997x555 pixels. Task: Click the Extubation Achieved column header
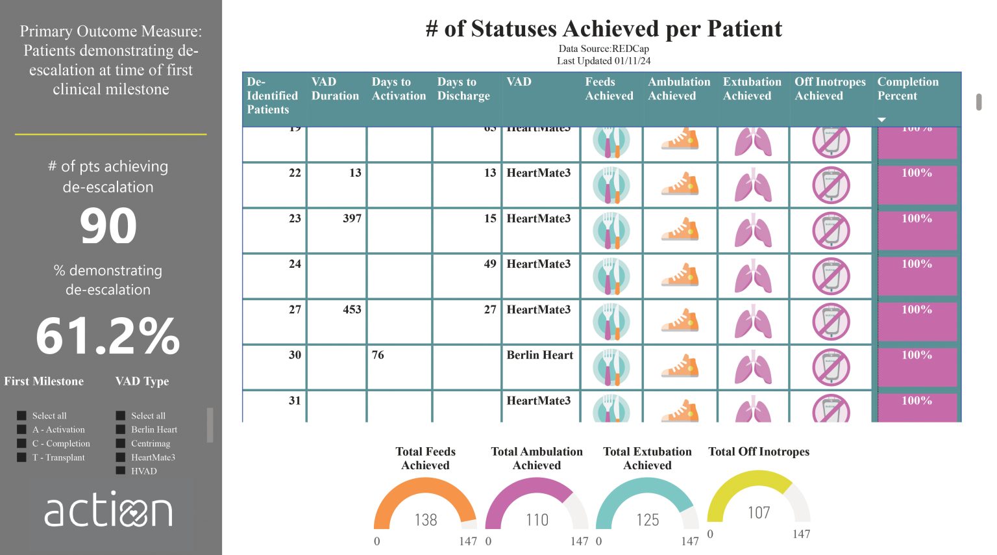[752, 89]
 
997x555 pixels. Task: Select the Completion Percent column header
[907, 89]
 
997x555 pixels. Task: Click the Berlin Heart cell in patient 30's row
[539, 355]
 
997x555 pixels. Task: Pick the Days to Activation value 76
[378, 355]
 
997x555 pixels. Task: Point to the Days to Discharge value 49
[490, 264]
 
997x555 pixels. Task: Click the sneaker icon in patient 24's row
[680, 276]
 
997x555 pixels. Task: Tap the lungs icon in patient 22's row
[753, 185]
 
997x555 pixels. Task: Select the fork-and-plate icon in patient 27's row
[611, 322]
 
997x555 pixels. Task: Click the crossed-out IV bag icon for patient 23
[831, 231]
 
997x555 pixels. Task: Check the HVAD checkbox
[121, 471]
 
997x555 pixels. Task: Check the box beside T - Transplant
[22, 457]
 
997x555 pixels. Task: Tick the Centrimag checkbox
[121, 443]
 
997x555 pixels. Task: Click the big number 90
[108, 226]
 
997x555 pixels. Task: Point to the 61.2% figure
[108, 336]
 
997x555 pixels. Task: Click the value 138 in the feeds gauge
[426, 520]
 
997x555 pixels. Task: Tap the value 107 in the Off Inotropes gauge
[758, 513]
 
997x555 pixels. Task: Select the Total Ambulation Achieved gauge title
[537, 458]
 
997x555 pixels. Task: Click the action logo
[108, 510]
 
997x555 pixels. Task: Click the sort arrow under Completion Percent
[881, 120]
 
